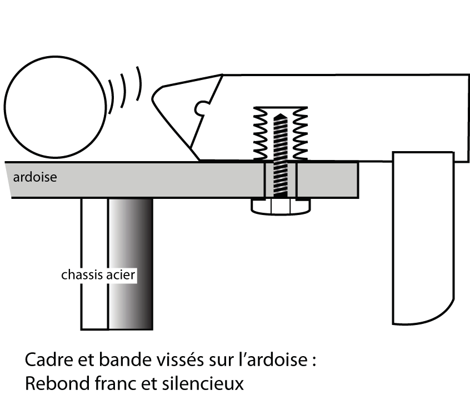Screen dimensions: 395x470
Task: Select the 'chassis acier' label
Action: click(98, 274)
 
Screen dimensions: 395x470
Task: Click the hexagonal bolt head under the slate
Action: click(281, 207)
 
